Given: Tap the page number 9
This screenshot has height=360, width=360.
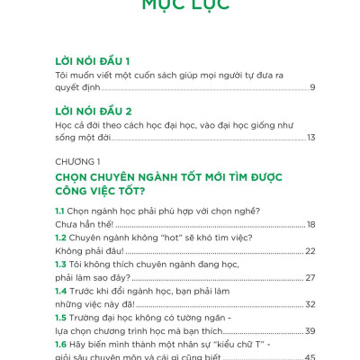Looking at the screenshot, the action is pos(311,87).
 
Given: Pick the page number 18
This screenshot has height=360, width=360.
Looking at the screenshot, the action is pos(310,225).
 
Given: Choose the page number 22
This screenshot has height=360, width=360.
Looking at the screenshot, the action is pos(310,251).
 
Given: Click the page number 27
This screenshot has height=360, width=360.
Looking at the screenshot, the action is pos(310,278).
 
